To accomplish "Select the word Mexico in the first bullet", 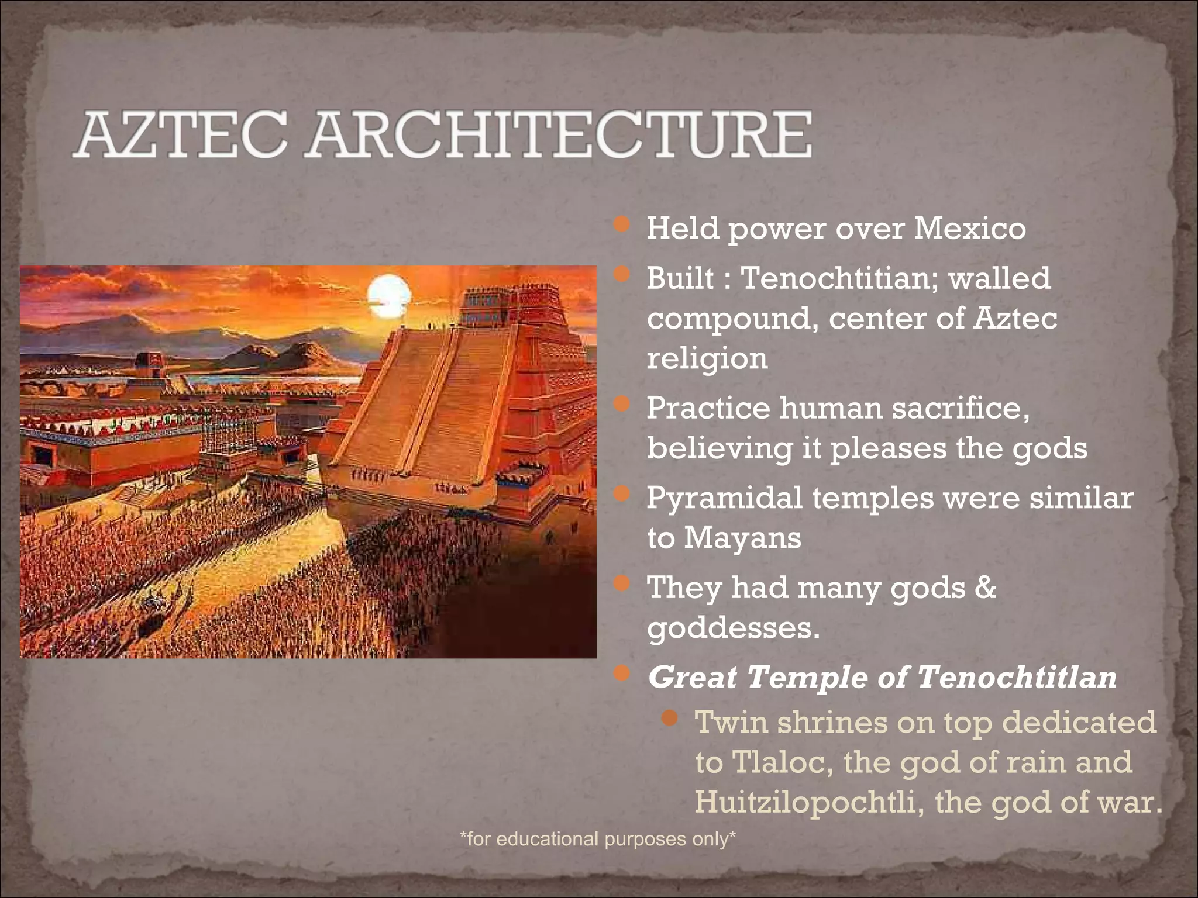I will click(x=969, y=228).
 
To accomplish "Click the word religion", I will click(x=707, y=358).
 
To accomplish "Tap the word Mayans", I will click(x=742, y=537).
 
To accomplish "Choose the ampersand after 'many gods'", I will click(x=986, y=587).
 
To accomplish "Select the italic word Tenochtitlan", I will click(x=1016, y=678).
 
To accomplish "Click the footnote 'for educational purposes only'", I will click(x=597, y=839).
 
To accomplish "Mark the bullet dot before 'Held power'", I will click(x=622, y=224).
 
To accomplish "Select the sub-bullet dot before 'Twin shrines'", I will click(x=671, y=717).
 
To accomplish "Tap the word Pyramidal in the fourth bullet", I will click(x=724, y=498).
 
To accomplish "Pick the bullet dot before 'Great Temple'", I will click(x=622, y=673).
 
